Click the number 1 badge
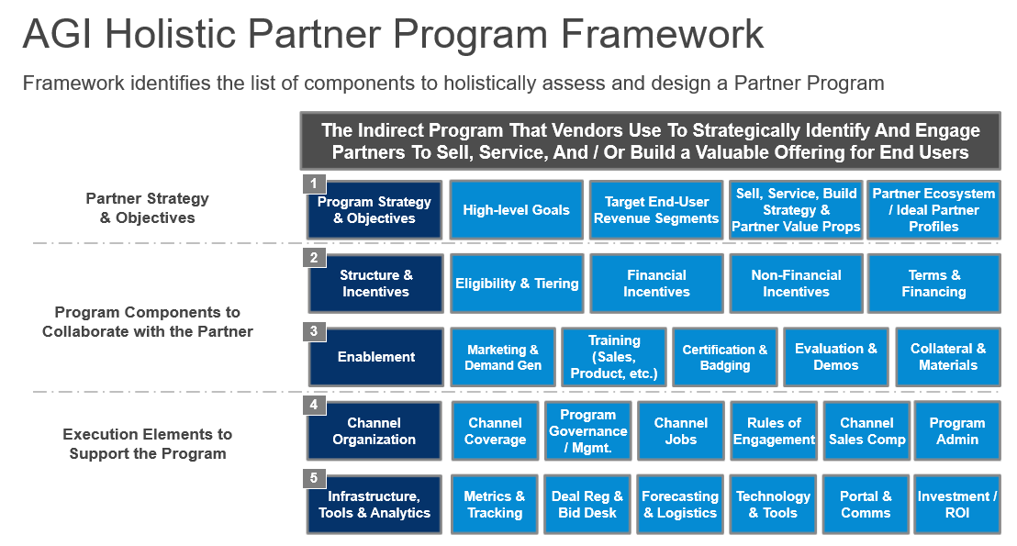tap(314, 184)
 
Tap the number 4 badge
tap(314, 404)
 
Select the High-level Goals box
tap(517, 210)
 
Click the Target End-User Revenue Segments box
tap(656, 210)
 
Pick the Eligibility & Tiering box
tap(517, 284)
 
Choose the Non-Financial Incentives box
tap(796, 284)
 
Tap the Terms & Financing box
tap(934, 284)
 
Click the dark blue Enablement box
tap(376, 357)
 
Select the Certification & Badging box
tap(725, 357)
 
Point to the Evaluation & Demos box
tap(836, 357)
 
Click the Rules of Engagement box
tap(774, 430)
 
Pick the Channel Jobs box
tap(681, 430)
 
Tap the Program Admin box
tap(957, 430)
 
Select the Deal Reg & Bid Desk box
tap(587, 504)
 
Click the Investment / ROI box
tap(957, 504)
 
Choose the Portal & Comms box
tap(866, 504)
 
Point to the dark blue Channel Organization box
tap(374, 430)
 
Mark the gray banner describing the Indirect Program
tap(650, 141)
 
